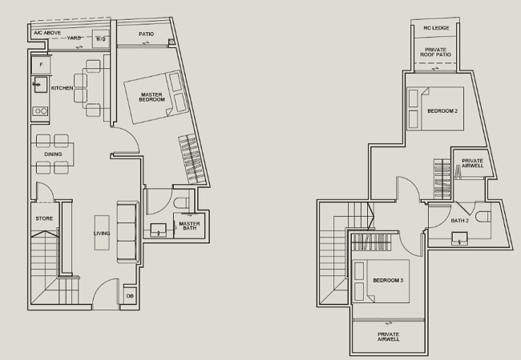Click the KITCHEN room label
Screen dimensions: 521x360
tap(63, 88)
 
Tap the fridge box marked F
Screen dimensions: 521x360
tap(41, 65)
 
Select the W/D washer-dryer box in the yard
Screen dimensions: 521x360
tap(101, 38)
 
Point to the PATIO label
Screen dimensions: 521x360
tap(146, 34)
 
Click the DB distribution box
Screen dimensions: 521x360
tap(130, 296)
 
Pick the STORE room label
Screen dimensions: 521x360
tap(44, 218)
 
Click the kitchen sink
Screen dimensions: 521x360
tap(40, 85)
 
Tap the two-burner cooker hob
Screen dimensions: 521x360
tap(40, 111)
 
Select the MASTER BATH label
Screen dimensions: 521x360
tap(189, 226)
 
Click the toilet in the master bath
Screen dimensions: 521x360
tap(181, 203)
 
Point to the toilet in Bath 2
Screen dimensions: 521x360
tap(483, 217)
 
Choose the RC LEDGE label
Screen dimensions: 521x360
tap(436, 28)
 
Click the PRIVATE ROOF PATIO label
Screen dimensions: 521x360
tap(435, 52)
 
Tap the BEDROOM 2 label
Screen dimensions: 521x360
tap(442, 110)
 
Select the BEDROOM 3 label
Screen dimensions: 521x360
tap(388, 281)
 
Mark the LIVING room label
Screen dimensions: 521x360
tap(102, 234)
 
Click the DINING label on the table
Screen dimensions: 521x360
tap(53, 154)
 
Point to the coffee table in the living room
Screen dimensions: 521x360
tap(102, 233)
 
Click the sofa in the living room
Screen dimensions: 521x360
tap(127, 232)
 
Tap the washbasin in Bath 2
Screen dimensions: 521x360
tap(459, 238)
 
